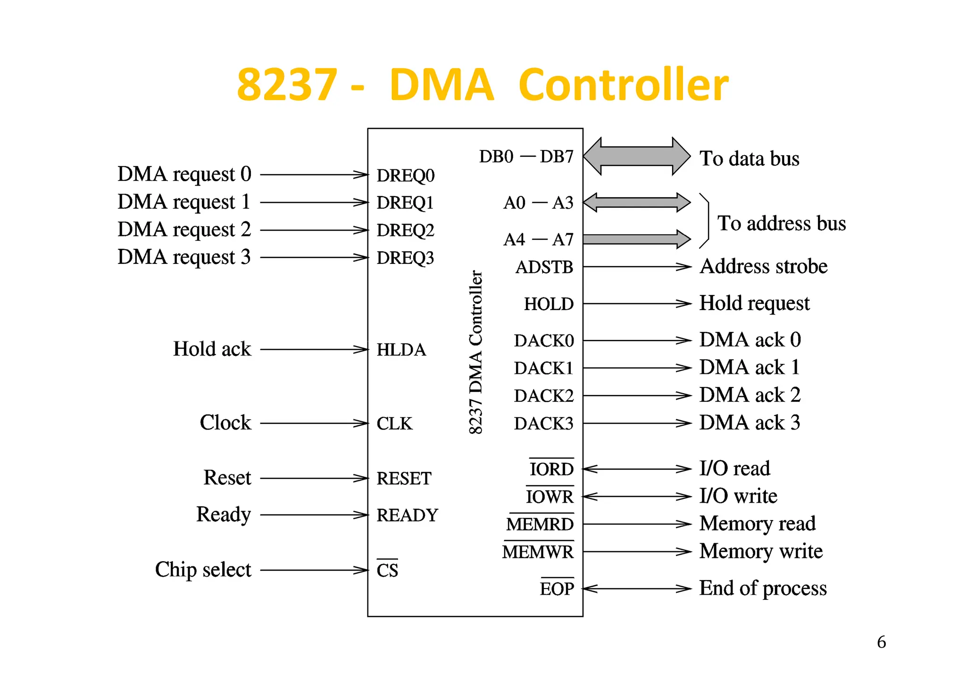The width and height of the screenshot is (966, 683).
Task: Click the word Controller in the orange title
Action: [x=623, y=85]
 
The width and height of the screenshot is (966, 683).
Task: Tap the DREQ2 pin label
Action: [x=405, y=230]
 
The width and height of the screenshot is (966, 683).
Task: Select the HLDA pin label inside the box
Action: [x=401, y=350]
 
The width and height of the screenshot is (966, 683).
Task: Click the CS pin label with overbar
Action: [x=387, y=570]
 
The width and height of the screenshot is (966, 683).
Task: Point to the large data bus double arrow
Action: [x=637, y=156]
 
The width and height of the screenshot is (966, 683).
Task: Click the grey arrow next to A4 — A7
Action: [x=637, y=239]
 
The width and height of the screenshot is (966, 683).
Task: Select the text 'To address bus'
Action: [x=781, y=223]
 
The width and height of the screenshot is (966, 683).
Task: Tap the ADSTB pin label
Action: [x=544, y=267]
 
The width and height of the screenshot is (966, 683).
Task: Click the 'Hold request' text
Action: [x=754, y=304]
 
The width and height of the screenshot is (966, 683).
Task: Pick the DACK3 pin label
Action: [x=543, y=423]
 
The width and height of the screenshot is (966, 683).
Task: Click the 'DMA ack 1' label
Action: [x=749, y=367]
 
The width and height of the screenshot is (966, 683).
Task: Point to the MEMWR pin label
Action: [x=538, y=551]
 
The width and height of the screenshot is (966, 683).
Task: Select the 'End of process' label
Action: [x=762, y=588]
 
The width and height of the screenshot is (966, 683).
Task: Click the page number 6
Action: [x=881, y=642]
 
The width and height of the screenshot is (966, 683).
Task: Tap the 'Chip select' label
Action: [x=203, y=570]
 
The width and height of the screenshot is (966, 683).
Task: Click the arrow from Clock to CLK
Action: [x=314, y=423]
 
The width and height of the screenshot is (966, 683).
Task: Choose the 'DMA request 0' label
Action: [x=184, y=174]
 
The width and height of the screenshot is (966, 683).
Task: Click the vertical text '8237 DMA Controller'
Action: [x=475, y=352]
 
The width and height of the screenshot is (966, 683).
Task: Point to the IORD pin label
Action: [x=551, y=469]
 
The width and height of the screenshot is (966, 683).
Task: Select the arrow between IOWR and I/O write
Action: [x=637, y=497]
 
